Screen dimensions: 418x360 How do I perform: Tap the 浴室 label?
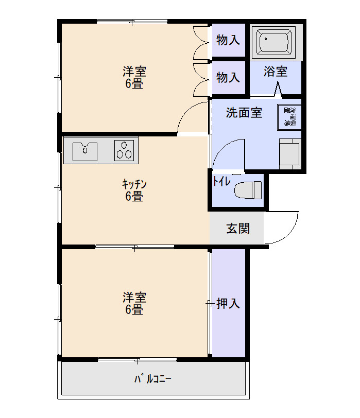(x=276, y=72)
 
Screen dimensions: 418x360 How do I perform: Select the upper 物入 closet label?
(x=228, y=40)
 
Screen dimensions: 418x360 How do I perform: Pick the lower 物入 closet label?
(x=228, y=77)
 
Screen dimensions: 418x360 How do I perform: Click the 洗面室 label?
(x=244, y=113)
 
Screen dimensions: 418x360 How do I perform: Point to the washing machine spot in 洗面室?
(x=289, y=117)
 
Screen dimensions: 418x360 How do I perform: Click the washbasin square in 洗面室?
(x=288, y=152)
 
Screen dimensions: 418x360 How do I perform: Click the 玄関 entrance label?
(x=238, y=228)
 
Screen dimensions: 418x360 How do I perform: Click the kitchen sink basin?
(x=85, y=151)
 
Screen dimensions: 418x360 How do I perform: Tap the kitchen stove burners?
(x=124, y=150)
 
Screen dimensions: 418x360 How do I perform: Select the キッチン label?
(x=134, y=184)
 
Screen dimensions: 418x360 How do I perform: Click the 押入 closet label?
(x=228, y=303)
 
